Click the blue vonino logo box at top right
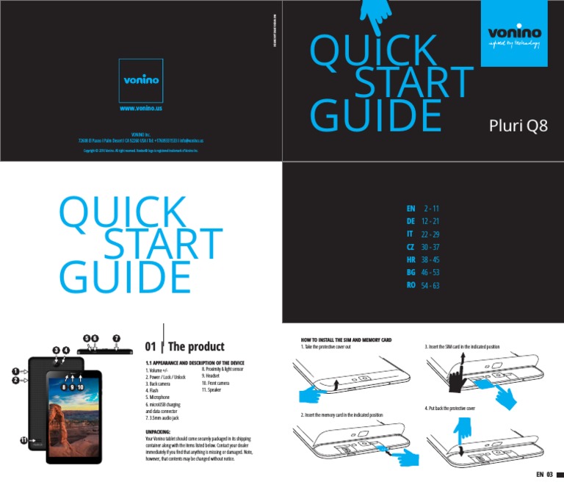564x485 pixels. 514,33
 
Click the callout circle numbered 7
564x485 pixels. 116,338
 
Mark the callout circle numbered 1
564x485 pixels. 15,372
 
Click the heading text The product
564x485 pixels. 196,347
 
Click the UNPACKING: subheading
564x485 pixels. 159,432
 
